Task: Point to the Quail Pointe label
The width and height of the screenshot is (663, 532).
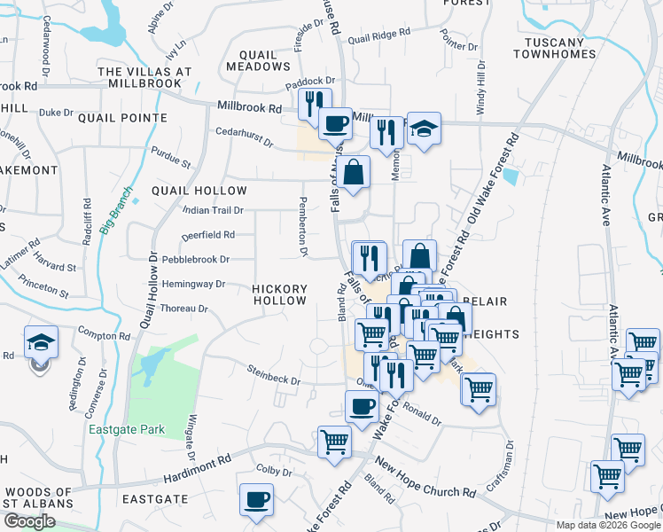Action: point(122,117)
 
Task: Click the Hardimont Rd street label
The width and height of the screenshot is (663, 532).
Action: point(197,474)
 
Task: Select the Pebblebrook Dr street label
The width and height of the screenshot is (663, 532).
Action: point(195,260)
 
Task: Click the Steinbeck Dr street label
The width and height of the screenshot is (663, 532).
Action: point(274,375)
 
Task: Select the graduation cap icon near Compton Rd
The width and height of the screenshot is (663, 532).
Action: point(41,341)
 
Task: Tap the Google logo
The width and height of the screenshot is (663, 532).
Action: point(29,521)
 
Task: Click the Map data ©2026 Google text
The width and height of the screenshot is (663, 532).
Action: point(607,524)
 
